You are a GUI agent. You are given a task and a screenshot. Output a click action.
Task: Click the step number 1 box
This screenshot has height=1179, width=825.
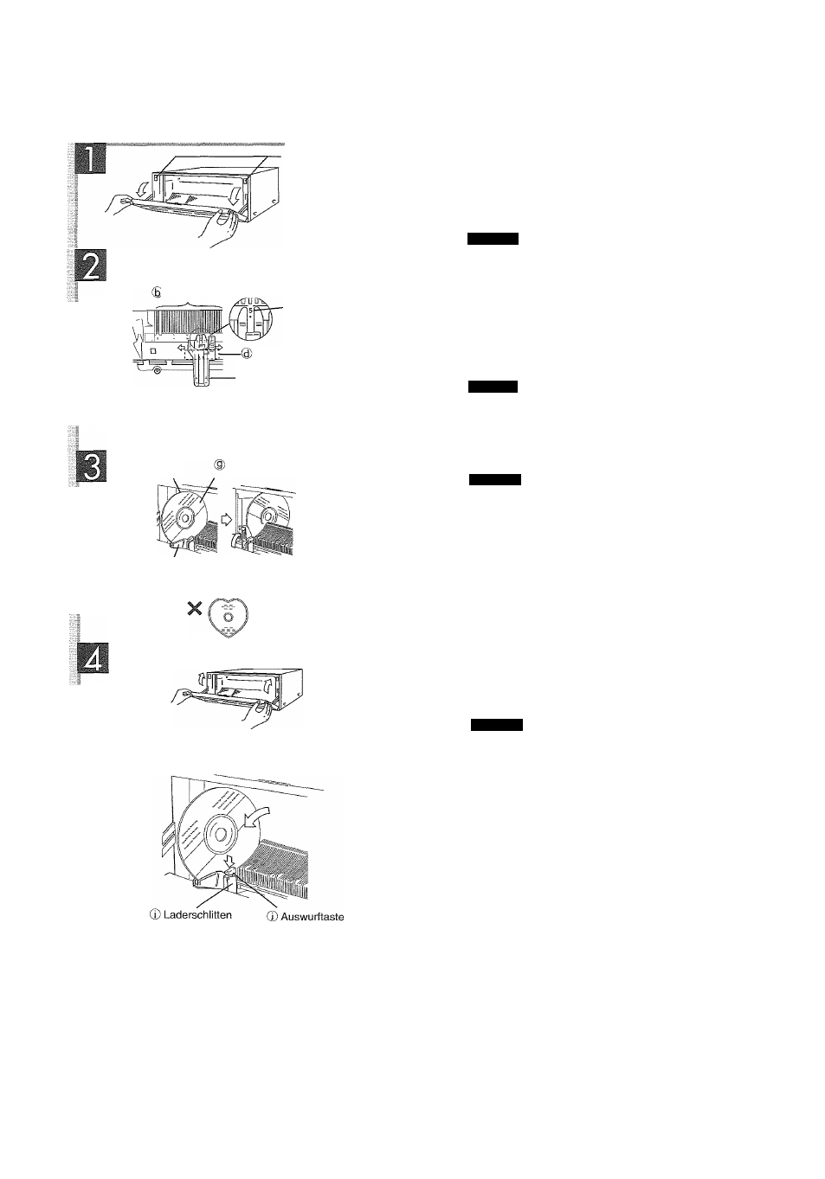91,158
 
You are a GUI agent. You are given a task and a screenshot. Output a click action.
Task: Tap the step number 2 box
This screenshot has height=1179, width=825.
91,266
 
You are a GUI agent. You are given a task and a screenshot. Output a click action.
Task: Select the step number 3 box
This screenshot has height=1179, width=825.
92,466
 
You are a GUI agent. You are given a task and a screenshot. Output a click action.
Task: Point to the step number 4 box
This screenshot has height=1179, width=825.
93,658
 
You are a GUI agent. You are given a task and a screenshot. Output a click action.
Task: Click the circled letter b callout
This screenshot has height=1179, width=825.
157,292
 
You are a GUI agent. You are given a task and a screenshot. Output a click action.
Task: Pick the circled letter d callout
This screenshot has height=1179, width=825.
246,354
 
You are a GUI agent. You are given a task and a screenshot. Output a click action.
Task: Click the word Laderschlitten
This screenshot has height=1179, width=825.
197,914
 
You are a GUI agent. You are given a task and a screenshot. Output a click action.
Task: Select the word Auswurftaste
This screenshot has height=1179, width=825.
313,916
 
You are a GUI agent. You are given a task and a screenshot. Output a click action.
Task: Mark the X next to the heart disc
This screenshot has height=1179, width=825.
195,608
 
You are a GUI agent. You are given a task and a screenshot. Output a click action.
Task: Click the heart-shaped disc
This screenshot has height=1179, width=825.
229,618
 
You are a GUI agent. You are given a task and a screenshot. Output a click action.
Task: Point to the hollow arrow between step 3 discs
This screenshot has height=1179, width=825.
226,519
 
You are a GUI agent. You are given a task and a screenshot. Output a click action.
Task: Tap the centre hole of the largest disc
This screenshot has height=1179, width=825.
220,834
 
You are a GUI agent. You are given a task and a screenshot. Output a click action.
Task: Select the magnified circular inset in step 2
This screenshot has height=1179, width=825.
252,316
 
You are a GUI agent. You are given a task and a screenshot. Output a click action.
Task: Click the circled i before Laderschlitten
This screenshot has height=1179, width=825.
156,915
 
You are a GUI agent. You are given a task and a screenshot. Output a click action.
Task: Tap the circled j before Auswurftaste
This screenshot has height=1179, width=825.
273,917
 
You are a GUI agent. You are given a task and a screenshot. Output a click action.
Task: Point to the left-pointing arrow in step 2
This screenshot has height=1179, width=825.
182,348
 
